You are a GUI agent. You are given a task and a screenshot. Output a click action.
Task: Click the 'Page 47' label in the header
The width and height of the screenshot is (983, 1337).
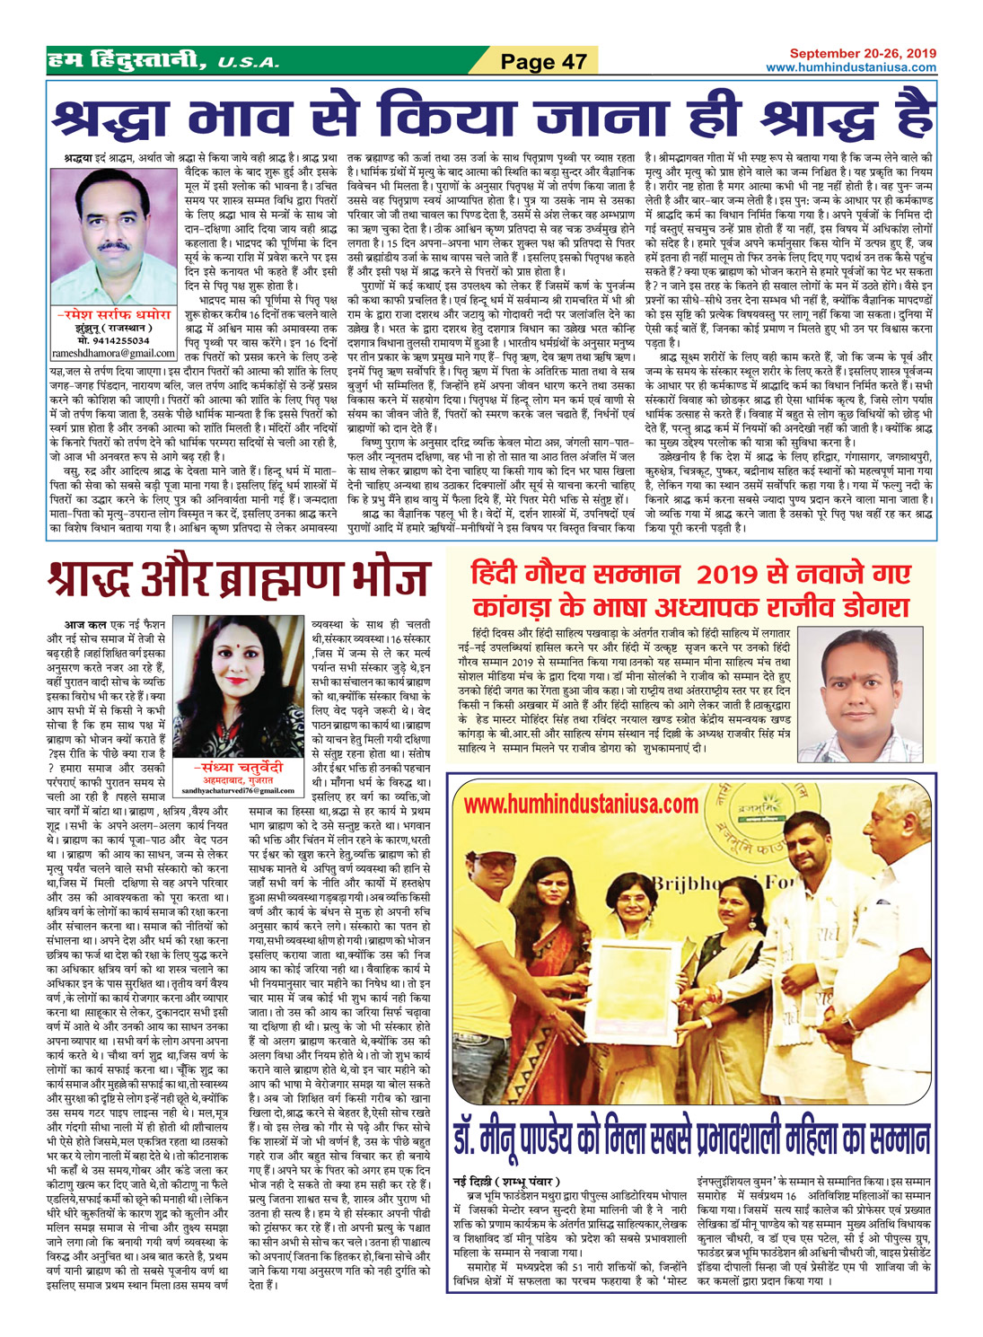pos(542,61)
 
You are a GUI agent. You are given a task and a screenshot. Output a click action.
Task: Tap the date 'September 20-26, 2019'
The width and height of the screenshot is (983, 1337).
pos(863,53)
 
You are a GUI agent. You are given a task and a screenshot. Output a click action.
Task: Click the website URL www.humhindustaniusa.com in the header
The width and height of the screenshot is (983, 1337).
pos(850,67)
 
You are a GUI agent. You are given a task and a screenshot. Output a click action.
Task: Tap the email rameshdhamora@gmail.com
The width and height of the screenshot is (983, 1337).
pos(112,352)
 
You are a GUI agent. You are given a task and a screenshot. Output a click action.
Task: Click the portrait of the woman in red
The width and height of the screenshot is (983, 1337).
pos(236,687)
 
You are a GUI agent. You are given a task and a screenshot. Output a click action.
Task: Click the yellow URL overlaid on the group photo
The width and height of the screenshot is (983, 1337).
pos(581,803)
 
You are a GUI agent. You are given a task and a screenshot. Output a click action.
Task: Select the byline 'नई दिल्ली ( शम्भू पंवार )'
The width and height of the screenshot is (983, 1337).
pos(506,1180)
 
